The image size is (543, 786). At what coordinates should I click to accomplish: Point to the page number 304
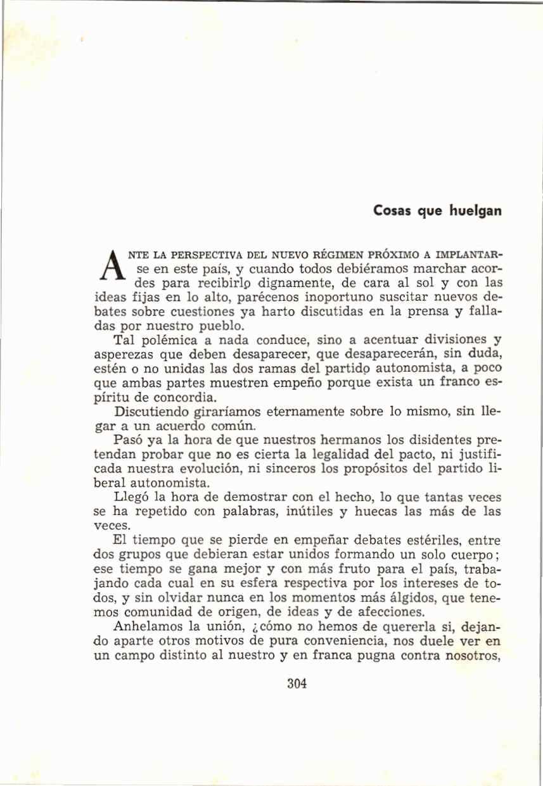click(297, 684)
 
